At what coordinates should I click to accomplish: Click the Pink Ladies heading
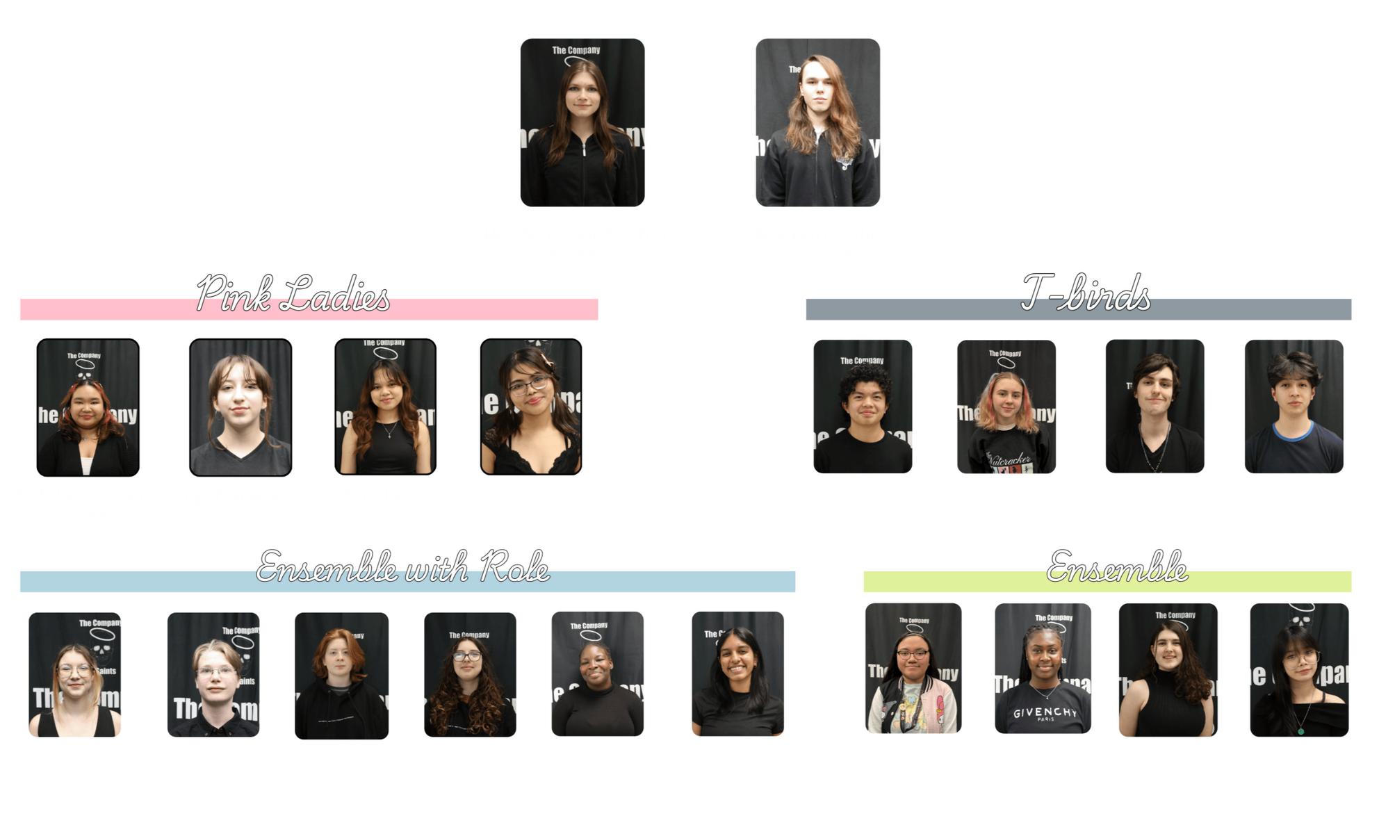click(293, 295)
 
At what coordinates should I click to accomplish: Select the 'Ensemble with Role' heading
click(402, 567)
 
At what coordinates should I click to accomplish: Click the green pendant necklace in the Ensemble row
click(1299, 729)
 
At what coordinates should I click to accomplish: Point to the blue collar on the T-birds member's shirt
click(1293, 432)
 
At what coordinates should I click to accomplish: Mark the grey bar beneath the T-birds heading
click(904, 310)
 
